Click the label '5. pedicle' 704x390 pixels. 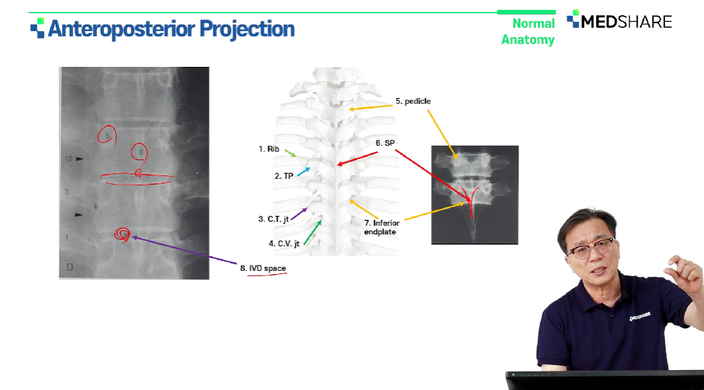pos(413,101)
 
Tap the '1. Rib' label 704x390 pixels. pos(268,149)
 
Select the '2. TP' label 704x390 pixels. pos(283,176)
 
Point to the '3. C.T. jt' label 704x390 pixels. pos(274,219)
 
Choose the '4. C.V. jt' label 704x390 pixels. pos(283,244)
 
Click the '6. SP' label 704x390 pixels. pos(385,143)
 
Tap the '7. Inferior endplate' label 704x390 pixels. pos(381,227)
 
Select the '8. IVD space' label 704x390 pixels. pos(263,268)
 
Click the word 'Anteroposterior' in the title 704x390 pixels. pos(121,29)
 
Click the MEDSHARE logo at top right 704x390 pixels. pos(619,21)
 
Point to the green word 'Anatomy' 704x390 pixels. pos(528,40)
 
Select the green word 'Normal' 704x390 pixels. pos(534,23)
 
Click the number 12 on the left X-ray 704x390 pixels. pos(68,158)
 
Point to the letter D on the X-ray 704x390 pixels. pos(70,267)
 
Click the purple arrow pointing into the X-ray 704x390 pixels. pos(184,250)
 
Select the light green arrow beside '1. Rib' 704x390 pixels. pos(290,154)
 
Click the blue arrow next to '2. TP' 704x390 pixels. pos(303,171)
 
